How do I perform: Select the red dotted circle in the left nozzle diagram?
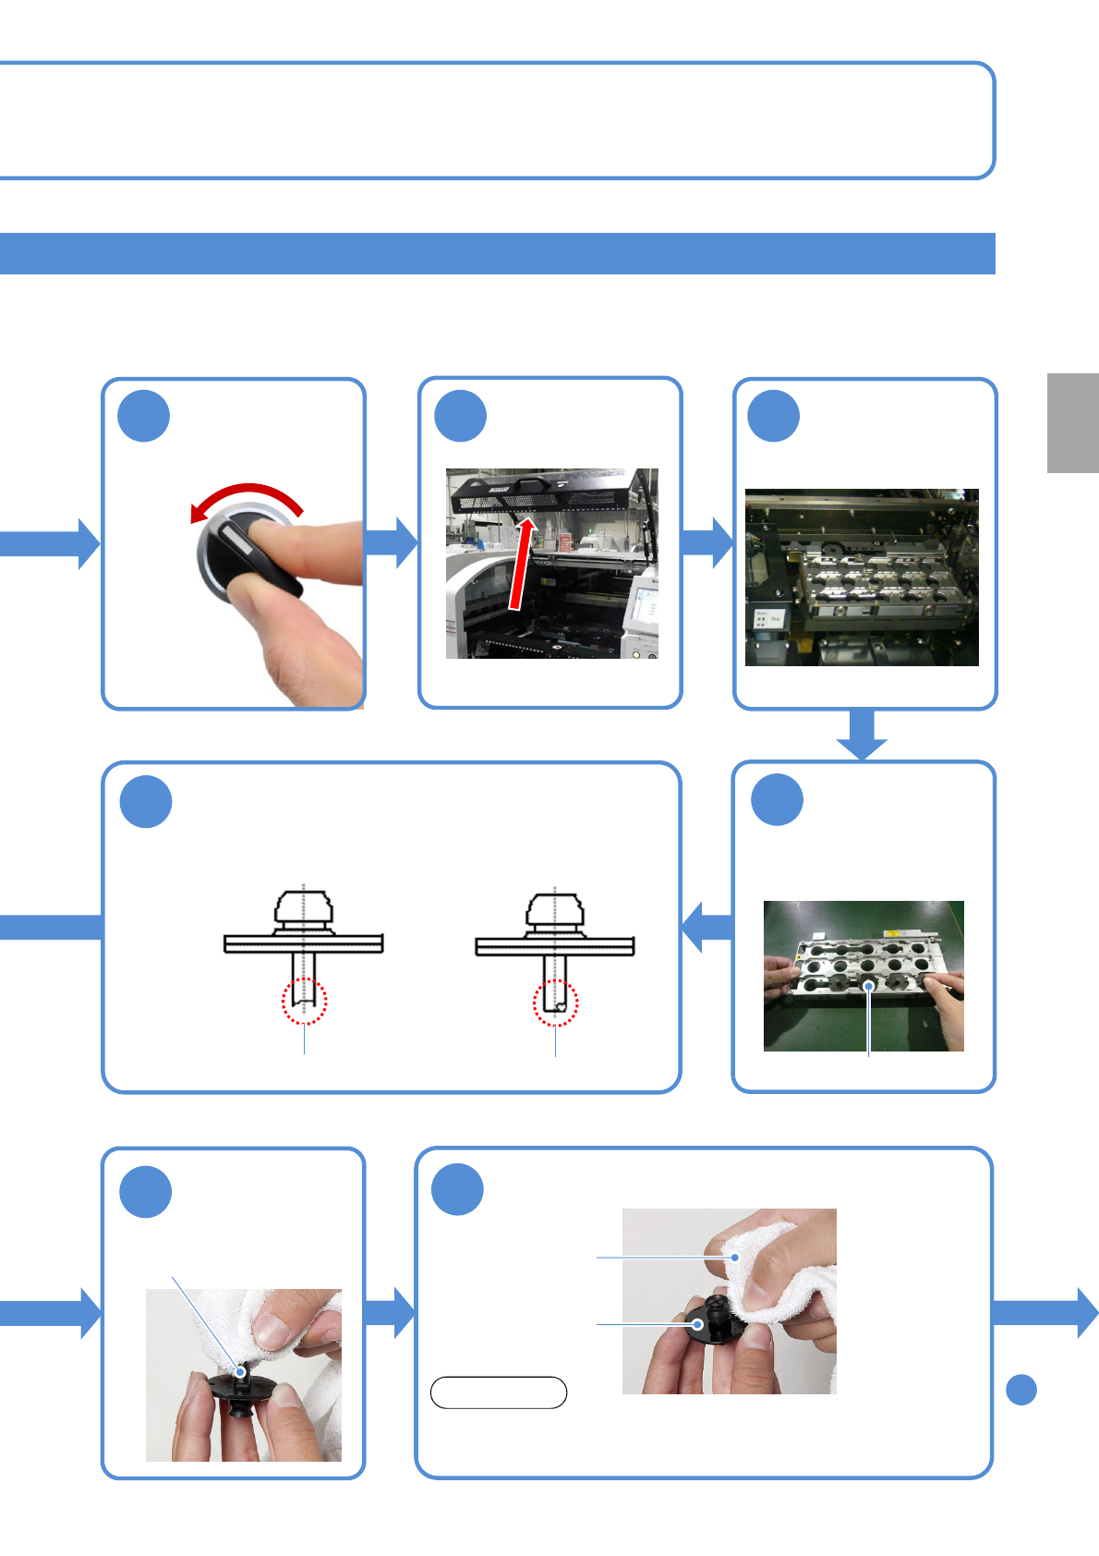point(304,1002)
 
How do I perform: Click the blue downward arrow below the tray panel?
point(862,734)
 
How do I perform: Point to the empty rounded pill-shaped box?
point(499,1392)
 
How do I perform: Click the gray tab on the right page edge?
point(1072,423)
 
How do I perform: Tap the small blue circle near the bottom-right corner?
point(1020,1390)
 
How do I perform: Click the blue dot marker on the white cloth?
point(735,1258)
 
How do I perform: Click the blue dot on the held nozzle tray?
point(868,987)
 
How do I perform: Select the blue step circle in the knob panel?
point(144,417)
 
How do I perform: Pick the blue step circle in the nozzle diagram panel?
point(146,801)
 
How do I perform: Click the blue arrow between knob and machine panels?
point(392,542)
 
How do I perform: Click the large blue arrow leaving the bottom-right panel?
point(1045,1312)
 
